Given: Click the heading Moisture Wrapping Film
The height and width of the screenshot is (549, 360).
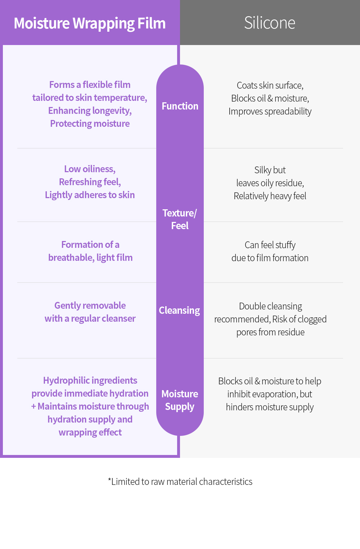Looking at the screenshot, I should (x=90, y=23).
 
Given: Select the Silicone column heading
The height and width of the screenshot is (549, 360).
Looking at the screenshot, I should (x=270, y=23).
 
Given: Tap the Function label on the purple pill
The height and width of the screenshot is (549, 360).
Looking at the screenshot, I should (x=180, y=106).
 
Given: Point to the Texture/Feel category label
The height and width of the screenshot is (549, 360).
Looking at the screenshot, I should (x=180, y=219).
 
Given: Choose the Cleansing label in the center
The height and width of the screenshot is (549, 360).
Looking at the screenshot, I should (x=179, y=310).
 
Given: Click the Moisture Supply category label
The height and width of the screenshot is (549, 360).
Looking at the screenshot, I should (x=180, y=400).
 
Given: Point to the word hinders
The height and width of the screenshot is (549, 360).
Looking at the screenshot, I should (x=239, y=407).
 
